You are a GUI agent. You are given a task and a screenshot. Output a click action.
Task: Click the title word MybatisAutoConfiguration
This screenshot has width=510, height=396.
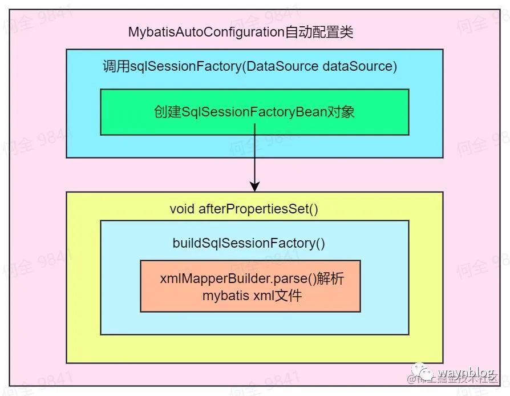click(206, 32)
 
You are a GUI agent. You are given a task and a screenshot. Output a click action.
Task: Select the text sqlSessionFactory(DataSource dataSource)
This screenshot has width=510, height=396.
click(264, 66)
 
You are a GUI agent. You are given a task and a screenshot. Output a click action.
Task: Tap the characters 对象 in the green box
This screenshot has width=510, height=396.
click(341, 112)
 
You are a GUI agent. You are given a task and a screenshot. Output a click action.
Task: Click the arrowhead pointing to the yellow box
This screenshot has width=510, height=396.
click(254, 186)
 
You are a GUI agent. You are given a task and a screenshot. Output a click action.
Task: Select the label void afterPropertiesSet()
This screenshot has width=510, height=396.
click(244, 209)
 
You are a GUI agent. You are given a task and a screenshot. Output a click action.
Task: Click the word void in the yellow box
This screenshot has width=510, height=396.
click(182, 209)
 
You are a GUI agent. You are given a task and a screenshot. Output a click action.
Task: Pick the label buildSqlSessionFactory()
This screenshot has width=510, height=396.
click(249, 243)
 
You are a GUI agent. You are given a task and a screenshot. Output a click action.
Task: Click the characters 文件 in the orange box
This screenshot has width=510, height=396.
click(289, 296)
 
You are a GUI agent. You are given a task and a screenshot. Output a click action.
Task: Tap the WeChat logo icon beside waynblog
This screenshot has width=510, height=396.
click(425, 374)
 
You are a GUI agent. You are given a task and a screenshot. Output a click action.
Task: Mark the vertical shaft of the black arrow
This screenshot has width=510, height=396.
click(254, 154)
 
